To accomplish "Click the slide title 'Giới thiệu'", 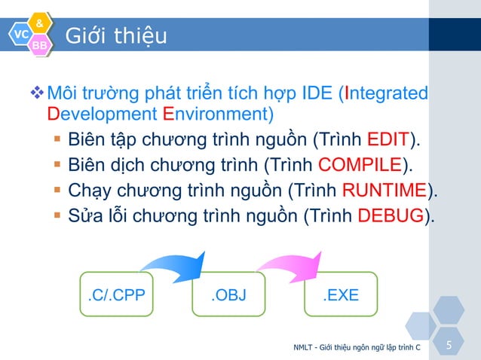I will pos(116,36).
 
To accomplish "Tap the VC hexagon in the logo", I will pos(20,35).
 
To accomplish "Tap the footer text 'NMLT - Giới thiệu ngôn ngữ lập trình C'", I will pos(357,347).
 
